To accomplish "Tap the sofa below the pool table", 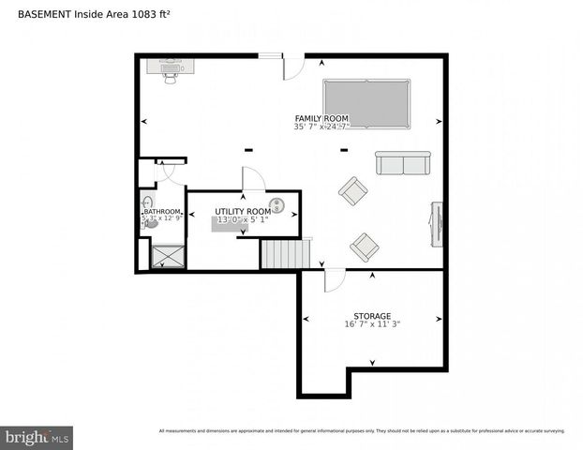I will (x=402, y=164).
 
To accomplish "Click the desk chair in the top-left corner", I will (x=171, y=78).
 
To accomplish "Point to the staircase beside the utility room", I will (x=284, y=254).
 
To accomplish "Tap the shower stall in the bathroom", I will (x=169, y=256).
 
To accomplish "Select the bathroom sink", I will (x=146, y=202).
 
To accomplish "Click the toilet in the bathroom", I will (x=151, y=223).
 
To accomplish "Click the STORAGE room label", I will (x=372, y=316).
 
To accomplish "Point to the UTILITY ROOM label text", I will (x=243, y=212).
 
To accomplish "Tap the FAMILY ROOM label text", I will (x=321, y=118).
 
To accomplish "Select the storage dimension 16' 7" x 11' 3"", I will (x=372, y=325).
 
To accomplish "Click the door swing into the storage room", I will (x=335, y=279).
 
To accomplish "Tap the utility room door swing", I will (x=253, y=179).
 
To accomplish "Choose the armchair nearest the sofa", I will (x=353, y=191).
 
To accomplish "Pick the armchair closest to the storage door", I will (x=364, y=247).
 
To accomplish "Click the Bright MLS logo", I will (x=37, y=437).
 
